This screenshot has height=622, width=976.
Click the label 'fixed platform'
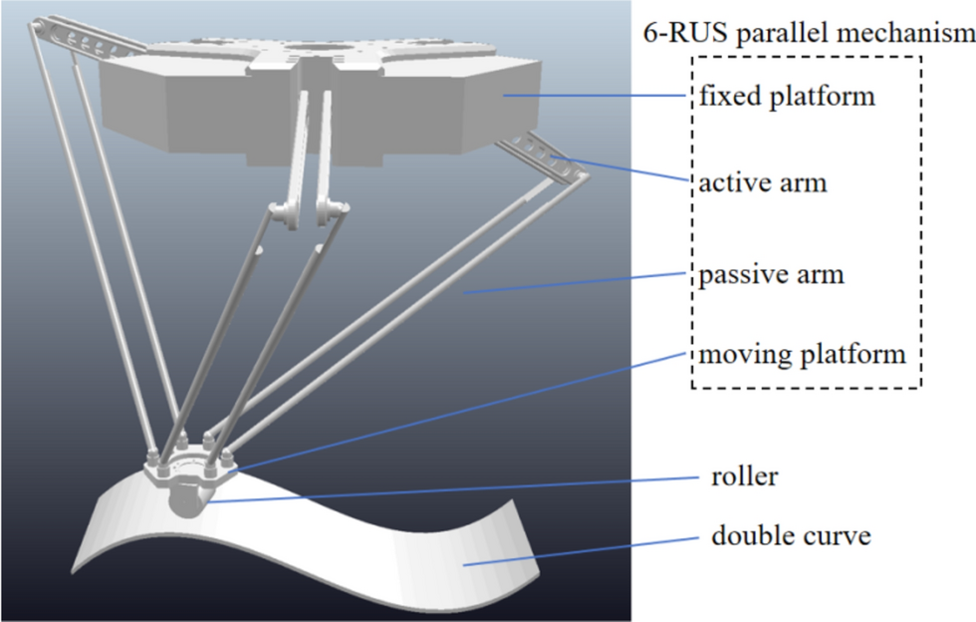(x=787, y=98)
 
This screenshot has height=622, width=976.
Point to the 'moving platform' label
(x=802, y=355)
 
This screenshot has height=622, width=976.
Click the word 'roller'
(x=745, y=476)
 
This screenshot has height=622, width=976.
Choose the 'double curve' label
(x=791, y=536)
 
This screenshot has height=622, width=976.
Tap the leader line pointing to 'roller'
(x=448, y=489)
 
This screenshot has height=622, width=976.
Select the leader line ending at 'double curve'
(x=578, y=552)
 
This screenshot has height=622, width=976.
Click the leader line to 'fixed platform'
(x=598, y=96)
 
